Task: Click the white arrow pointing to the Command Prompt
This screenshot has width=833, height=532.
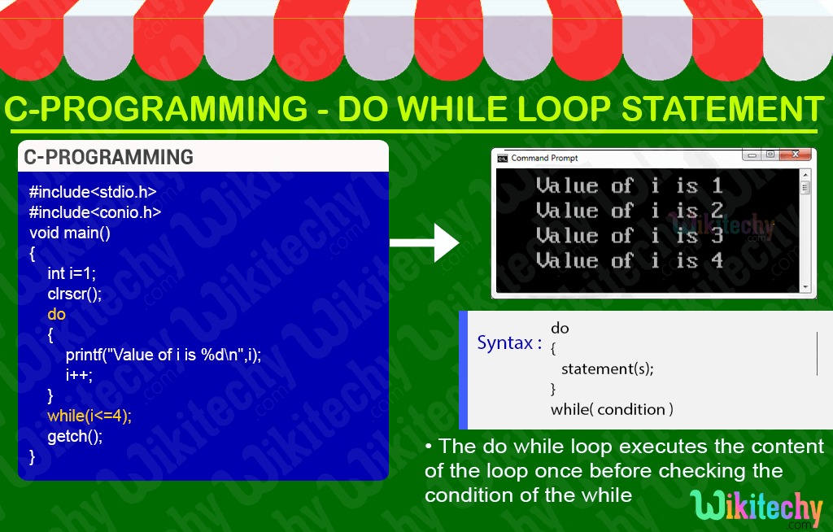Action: point(425,242)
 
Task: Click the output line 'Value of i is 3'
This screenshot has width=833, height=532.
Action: point(629,236)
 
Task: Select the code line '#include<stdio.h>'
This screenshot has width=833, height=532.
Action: point(93,193)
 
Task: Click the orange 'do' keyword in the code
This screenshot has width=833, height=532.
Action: point(56,314)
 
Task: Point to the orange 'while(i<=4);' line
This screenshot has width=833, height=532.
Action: point(89,416)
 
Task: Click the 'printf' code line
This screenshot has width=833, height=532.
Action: point(164,355)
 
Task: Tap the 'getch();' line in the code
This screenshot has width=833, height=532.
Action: point(75,436)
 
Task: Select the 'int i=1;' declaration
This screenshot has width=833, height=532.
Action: point(72,273)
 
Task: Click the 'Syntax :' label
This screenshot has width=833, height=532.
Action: point(509,342)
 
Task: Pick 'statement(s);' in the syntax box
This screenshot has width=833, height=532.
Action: point(607,368)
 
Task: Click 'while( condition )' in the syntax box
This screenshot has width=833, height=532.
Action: point(612,409)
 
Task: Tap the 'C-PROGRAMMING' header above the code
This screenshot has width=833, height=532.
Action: point(108,157)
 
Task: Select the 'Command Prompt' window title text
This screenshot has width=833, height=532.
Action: point(544,158)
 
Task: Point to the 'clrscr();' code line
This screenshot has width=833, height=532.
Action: point(75,294)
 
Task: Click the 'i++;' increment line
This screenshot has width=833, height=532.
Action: point(80,375)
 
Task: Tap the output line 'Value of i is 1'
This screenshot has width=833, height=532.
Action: point(629,185)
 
